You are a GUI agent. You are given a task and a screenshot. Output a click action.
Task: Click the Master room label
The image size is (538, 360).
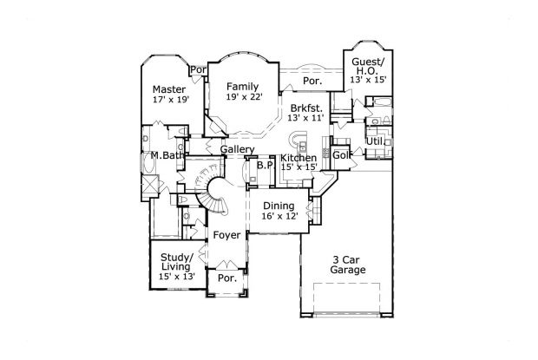(x=170, y=89)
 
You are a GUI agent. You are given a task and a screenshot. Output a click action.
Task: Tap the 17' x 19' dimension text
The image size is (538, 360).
(x=170, y=101)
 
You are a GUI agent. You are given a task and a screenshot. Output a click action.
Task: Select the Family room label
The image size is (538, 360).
(x=244, y=87)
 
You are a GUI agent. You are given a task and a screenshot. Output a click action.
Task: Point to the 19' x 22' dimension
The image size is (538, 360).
(x=244, y=98)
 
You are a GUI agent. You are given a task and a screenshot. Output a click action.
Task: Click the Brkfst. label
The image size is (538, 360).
(x=307, y=108)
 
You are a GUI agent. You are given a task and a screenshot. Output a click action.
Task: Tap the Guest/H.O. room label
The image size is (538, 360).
(x=369, y=66)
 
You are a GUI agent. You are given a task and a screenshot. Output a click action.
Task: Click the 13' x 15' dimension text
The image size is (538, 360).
(x=369, y=80)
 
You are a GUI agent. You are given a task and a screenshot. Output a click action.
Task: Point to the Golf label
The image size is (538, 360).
(x=341, y=155)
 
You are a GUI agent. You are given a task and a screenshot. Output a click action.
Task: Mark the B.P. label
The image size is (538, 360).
(x=265, y=165)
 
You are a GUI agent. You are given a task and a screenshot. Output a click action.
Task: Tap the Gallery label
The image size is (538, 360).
(x=237, y=150)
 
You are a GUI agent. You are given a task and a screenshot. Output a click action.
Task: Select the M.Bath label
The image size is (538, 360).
(x=164, y=156)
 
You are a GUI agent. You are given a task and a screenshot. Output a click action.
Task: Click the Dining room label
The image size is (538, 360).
(x=279, y=206)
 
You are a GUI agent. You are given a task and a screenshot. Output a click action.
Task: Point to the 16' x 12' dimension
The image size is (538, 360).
(x=279, y=217)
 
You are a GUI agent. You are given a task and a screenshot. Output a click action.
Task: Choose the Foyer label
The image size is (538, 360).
(x=226, y=234)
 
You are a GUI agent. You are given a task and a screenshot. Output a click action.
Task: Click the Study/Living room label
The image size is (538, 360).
(x=177, y=260)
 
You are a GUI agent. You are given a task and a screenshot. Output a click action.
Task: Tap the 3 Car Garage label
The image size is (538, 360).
(x=348, y=265)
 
